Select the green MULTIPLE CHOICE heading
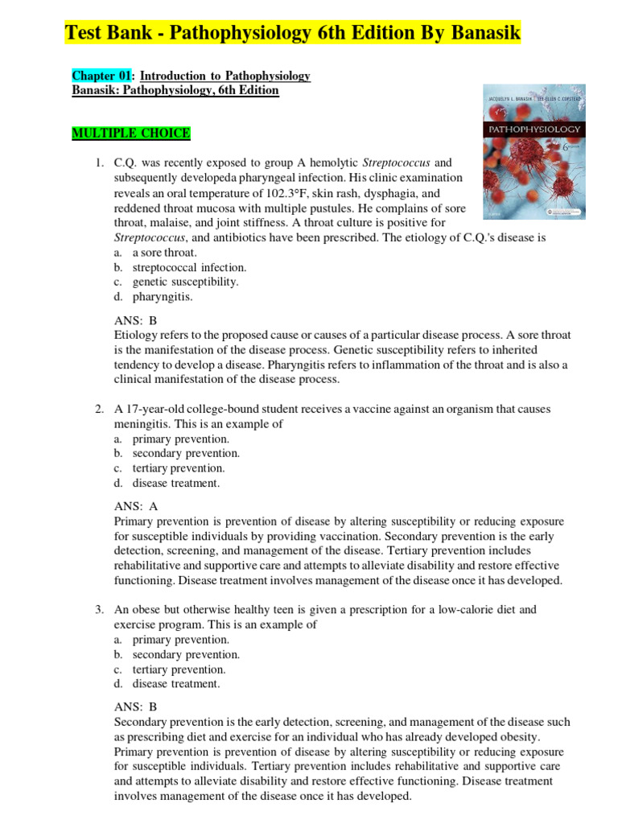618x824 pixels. pos(131,133)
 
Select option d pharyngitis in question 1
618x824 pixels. pos(163,296)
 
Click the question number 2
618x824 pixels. pos(97,409)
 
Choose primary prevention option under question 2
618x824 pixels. pos(180,439)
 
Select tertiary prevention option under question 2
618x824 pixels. pos(179,468)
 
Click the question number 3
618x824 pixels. pos(97,610)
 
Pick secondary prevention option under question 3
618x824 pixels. pos(186,654)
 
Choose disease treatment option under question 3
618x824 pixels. pos(175,683)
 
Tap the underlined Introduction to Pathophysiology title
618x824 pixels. pos(225,76)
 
